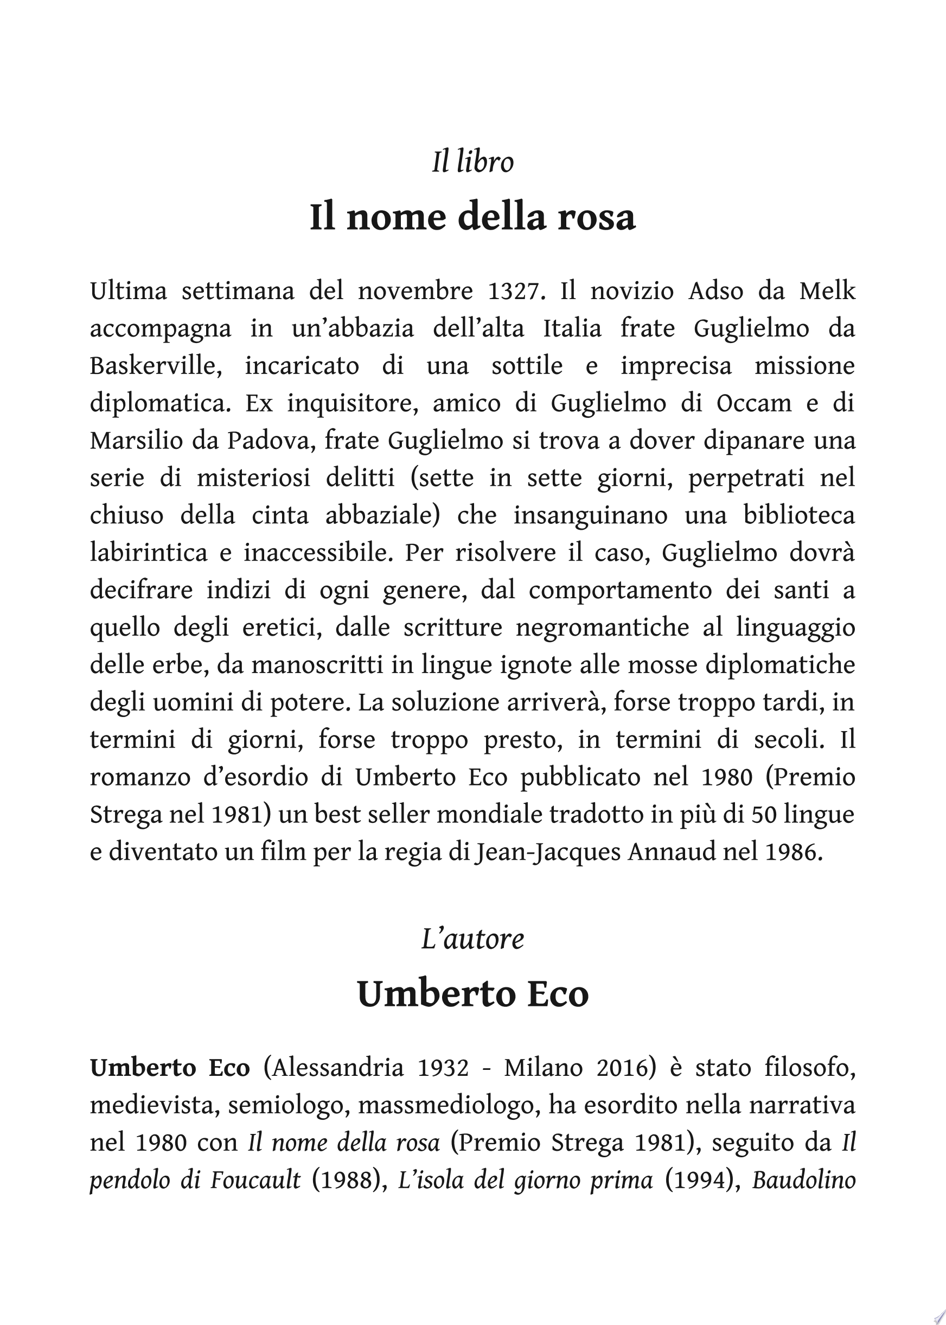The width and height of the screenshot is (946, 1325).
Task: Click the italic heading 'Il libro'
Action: [472, 162]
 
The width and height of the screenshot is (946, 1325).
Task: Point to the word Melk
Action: [827, 291]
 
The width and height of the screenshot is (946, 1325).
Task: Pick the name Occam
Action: [754, 403]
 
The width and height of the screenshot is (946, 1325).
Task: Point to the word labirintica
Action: [149, 553]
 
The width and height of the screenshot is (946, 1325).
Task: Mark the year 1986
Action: [794, 852]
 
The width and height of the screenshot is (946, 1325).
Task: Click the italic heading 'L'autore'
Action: [472, 939]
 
